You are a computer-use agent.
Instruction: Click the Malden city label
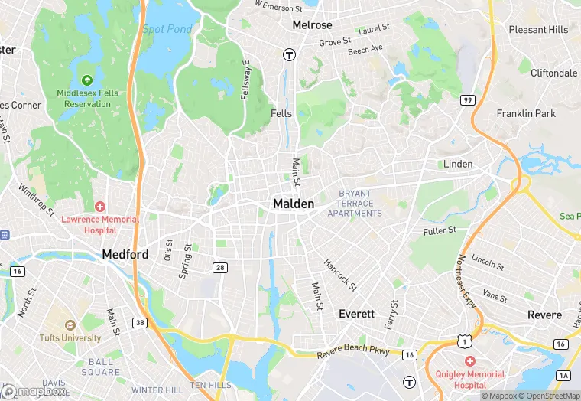tap(294, 204)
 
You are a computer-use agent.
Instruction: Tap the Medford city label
tap(125, 254)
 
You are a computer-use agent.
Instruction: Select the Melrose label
tap(312, 25)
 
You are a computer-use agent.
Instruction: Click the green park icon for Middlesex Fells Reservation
tap(86, 80)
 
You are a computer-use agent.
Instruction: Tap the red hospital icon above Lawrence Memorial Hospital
tap(100, 207)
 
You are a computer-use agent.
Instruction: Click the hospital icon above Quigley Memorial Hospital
tap(469, 360)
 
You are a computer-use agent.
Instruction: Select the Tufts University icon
tap(70, 324)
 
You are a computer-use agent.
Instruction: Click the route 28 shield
tap(219, 266)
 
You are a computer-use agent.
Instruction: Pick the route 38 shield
tap(138, 322)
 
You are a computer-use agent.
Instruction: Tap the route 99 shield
tap(466, 99)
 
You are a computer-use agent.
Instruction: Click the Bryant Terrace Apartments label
tap(355, 204)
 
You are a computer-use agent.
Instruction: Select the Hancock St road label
tap(340, 274)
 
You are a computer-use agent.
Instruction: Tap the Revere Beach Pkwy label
tap(353, 353)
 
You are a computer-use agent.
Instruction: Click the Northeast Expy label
tap(468, 282)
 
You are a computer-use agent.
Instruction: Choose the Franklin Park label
tap(526, 113)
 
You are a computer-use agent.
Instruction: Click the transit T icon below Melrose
tap(289, 54)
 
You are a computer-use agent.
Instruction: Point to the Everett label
tap(356, 314)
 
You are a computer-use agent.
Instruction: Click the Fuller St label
tap(440, 230)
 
